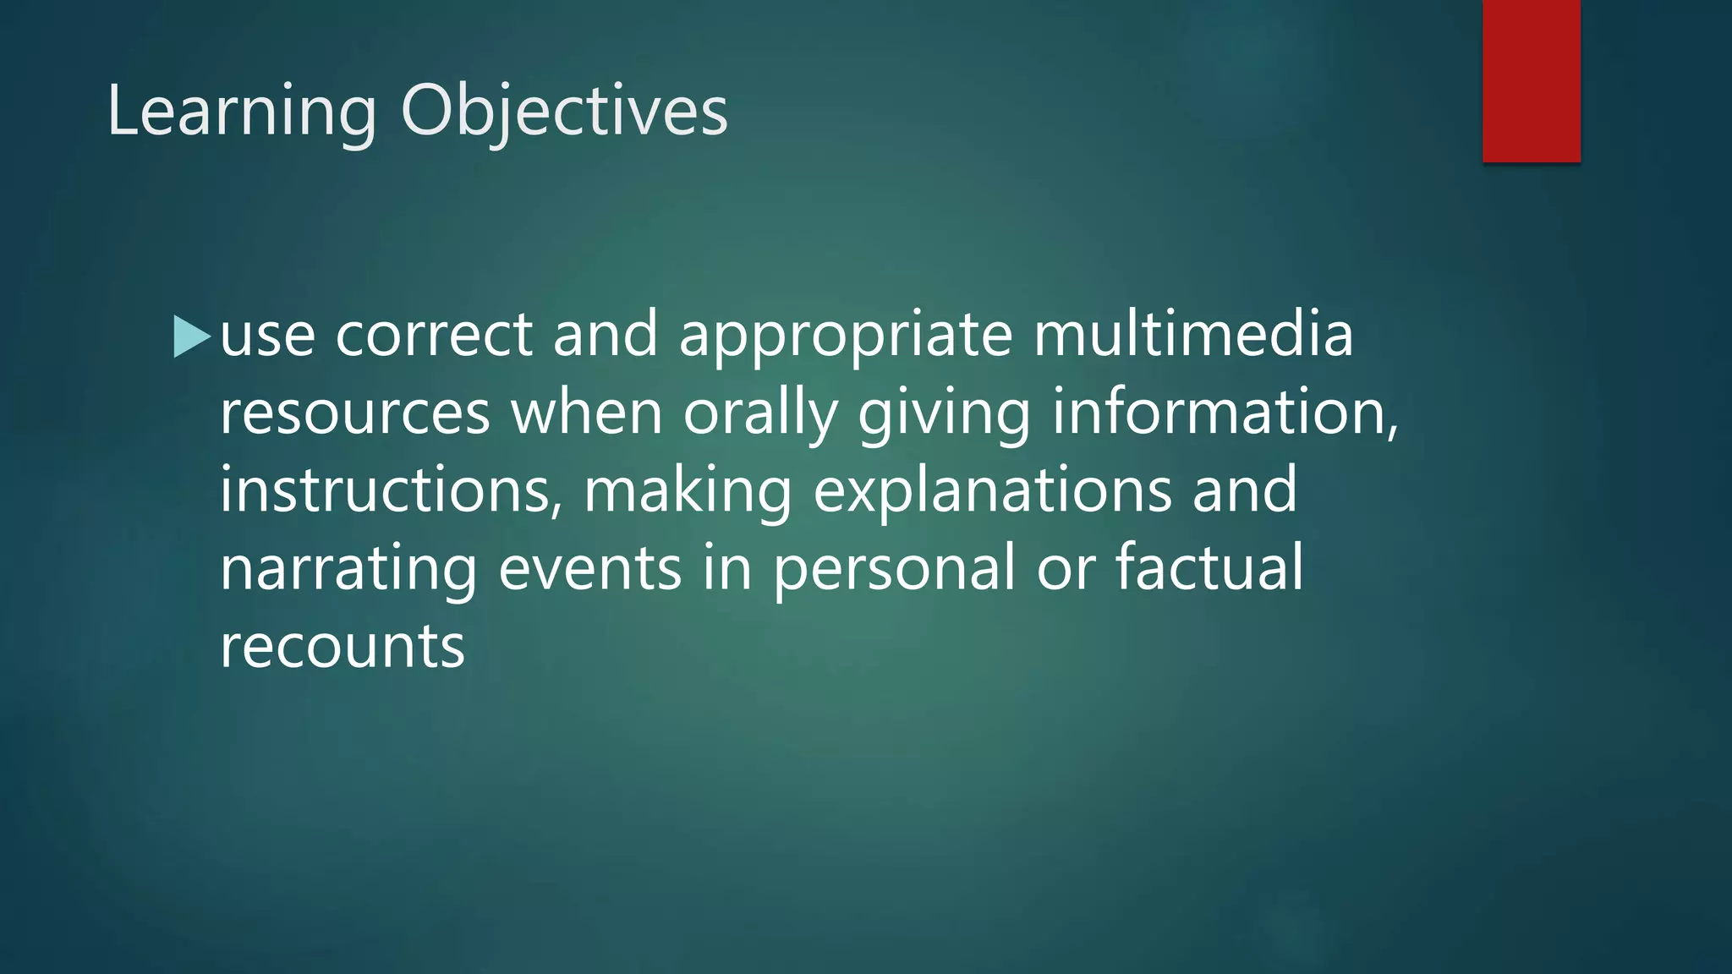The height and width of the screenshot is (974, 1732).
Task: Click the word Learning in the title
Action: [241, 112]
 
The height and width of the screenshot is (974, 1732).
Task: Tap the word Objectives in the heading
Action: [563, 112]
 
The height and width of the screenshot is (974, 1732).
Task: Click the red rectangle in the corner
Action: [1531, 80]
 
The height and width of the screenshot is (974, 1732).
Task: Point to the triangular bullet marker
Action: [190, 337]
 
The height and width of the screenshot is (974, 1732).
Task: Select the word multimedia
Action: [1193, 334]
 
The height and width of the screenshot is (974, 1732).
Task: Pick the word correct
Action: [434, 334]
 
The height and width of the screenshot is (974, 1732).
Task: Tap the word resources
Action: [355, 413]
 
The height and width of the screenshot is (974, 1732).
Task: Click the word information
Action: [1225, 413]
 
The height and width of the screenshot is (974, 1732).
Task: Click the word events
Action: [589, 568]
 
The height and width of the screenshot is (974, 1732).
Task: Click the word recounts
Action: [343, 647]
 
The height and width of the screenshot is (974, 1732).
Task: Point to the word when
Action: [586, 413]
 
